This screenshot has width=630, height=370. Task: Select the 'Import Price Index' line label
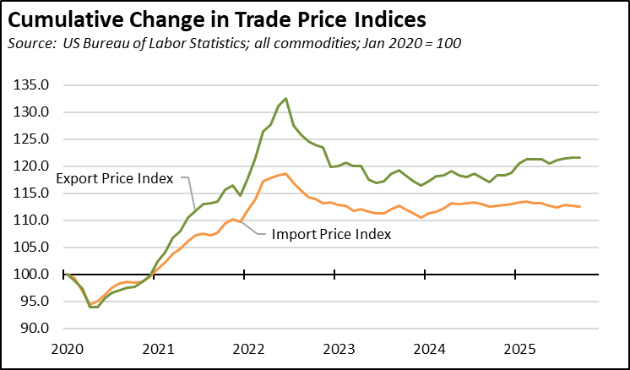tap(332, 234)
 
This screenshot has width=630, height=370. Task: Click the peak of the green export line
tap(286, 99)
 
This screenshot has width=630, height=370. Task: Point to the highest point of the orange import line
tap(286, 174)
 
